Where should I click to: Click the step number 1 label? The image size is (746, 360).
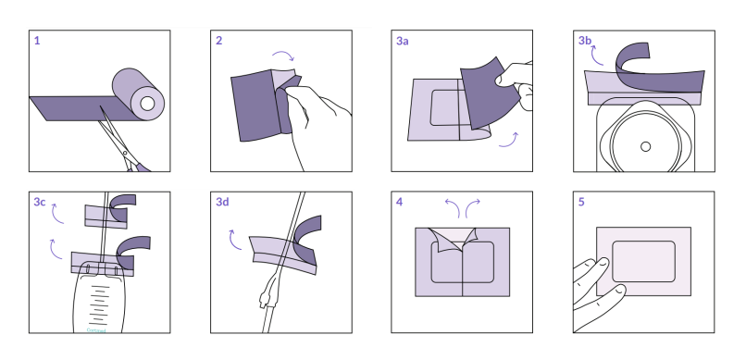[37, 41]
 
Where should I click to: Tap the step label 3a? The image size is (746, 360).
[403, 41]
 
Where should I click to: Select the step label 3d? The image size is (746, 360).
[222, 202]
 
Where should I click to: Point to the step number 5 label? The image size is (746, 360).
[581, 202]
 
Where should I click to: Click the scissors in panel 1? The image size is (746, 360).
[125, 143]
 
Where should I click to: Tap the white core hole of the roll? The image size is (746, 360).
[147, 104]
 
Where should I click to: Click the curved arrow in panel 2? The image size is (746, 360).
[283, 56]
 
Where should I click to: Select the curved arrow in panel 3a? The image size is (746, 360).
[509, 142]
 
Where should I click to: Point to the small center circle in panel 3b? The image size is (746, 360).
[646, 147]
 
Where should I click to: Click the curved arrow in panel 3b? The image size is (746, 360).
[594, 56]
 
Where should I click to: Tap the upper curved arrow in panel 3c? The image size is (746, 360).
[56, 215]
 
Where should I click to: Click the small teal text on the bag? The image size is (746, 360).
[96, 330]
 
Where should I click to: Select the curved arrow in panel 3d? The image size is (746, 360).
[233, 241]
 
